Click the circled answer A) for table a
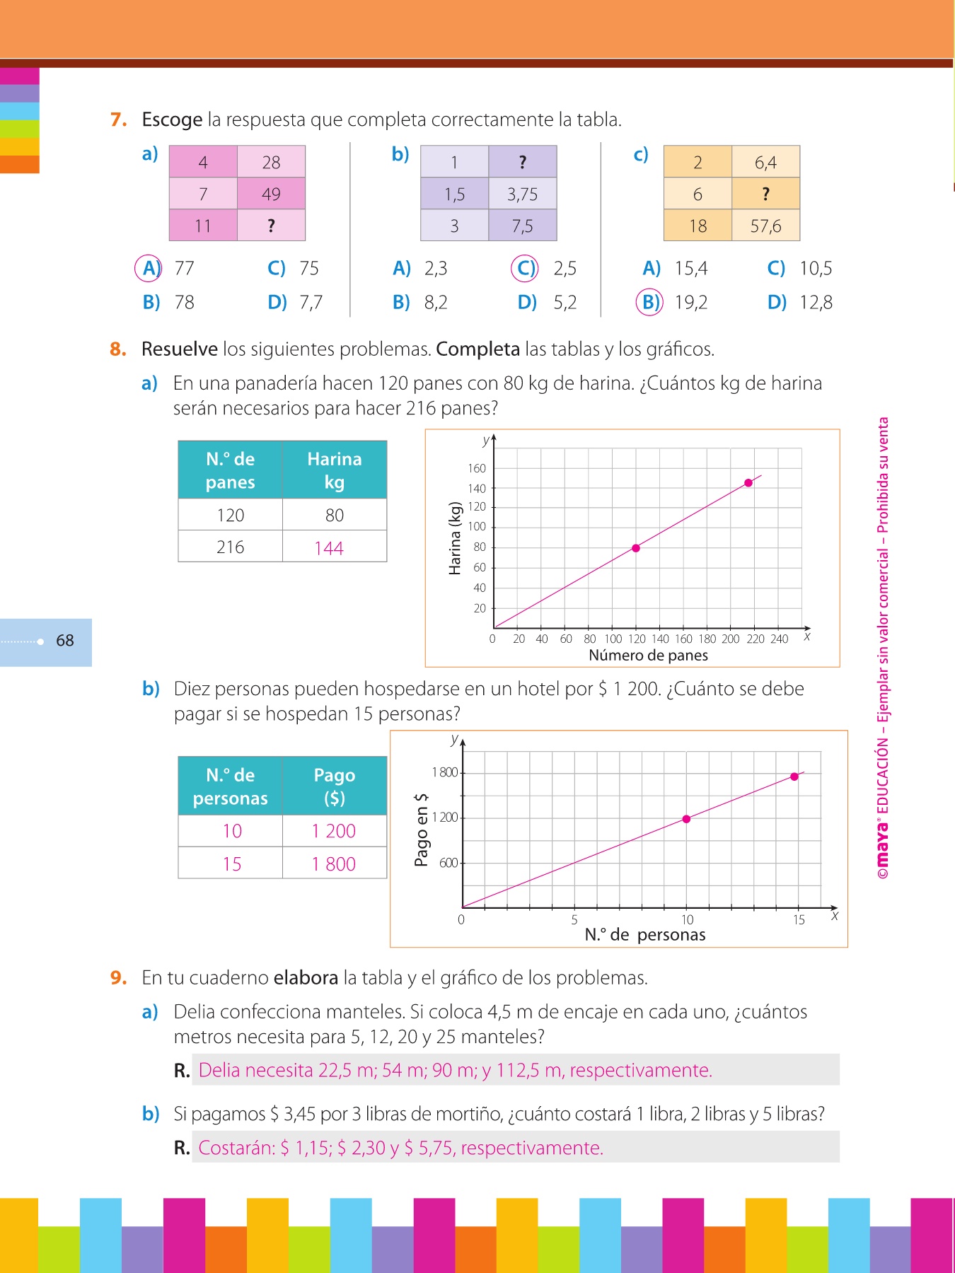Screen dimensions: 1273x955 pos(149,268)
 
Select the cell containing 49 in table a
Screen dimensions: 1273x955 pos(271,194)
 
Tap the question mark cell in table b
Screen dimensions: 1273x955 pos(522,162)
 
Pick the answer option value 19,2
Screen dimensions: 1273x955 pos(690,303)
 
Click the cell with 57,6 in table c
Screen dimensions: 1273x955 pos(765,226)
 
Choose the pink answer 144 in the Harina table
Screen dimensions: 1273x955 pos(329,548)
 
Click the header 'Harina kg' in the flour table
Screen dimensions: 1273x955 pos(334,470)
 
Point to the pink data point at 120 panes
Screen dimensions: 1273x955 pos(636,548)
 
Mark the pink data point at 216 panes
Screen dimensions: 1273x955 pos(748,483)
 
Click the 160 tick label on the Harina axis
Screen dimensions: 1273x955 pos(477,468)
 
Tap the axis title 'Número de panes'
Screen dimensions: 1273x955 pos(648,656)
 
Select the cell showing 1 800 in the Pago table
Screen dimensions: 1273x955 pos(334,864)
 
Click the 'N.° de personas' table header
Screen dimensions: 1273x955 pos(230,786)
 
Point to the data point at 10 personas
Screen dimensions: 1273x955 pos(686,819)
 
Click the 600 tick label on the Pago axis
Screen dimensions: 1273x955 pos(448,863)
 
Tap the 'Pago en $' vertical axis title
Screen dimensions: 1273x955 pos(422,829)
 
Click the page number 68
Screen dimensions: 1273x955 pos(65,641)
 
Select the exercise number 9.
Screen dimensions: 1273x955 pos(118,977)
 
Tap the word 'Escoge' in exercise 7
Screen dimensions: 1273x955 pos(172,120)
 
